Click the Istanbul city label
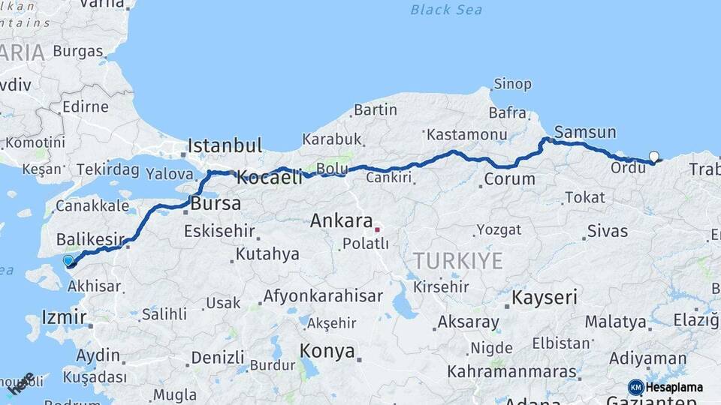point(225,145)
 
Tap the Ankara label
point(342,221)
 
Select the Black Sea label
point(446,10)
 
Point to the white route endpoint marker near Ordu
point(653,157)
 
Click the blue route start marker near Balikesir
point(69,261)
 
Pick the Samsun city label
point(585,132)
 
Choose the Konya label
point(327,350)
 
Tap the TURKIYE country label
point(457,260)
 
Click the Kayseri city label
point(545,297)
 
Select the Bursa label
point(216,203)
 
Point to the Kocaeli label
point(269,178)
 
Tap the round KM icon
point(635,387)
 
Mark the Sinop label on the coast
point(513,84)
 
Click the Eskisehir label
point(219,231)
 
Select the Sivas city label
point(608,231)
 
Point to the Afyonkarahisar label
point(323,295)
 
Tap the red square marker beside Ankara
point(377,230)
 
